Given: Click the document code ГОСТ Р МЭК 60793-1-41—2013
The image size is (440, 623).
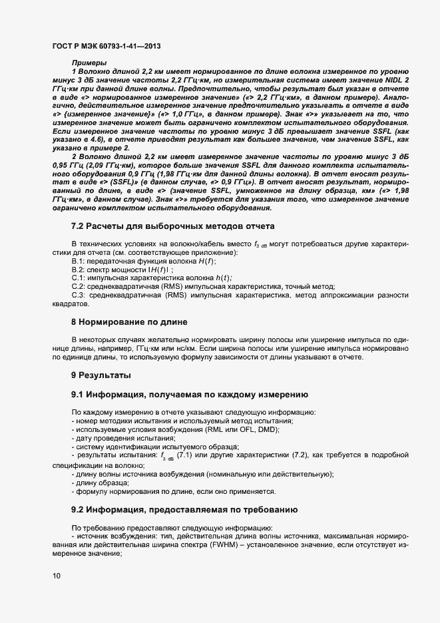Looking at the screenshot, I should (106, 47).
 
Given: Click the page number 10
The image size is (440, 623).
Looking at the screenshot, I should (57, 576).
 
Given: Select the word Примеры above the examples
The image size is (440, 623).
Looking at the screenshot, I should (85, 63).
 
